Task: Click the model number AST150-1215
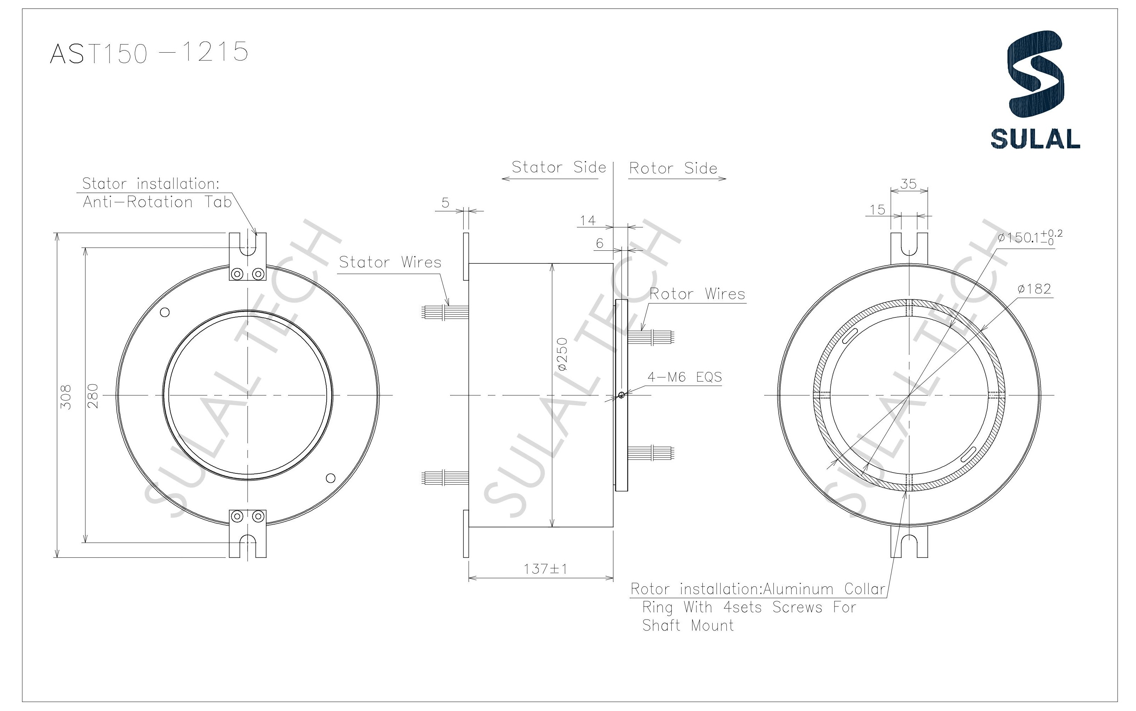point(149,52)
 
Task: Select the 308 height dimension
point(67,396)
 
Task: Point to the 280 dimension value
point(93,396)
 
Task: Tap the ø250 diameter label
point(563,354)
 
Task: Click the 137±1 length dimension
point(545,569)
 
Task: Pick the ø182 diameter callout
point(1034,289)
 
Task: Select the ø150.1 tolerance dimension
point(1029,238)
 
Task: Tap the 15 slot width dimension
point(877,210)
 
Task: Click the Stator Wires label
point(390,262)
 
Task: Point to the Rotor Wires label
point(697,294)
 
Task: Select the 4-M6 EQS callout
point(684,377)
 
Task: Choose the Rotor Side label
point(673,168)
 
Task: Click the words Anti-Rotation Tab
point(157,202)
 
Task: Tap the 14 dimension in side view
point(588,221)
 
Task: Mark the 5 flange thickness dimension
point(445,203)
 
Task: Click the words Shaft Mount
point(688,626)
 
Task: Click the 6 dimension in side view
point(599,243)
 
